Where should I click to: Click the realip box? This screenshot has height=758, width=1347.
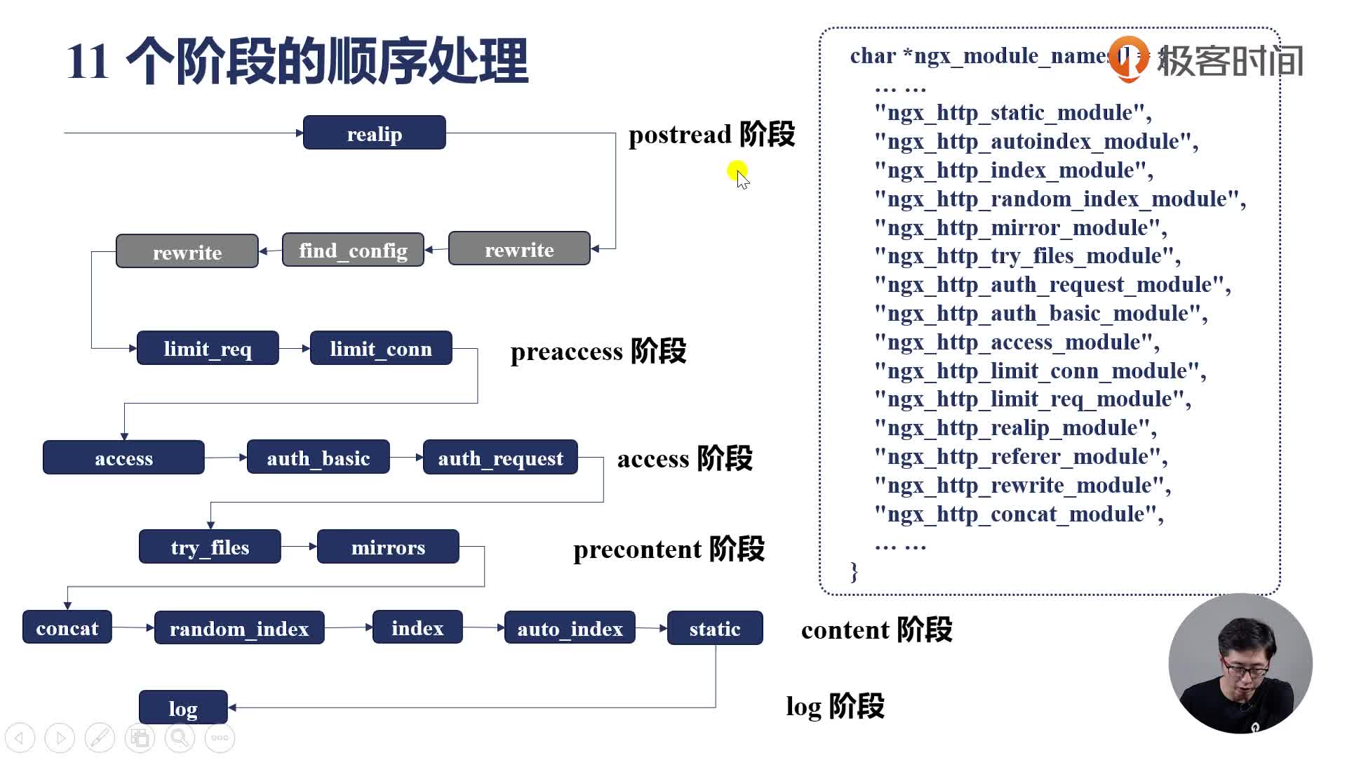(374, 133)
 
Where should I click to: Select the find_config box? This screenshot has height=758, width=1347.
(353, 250)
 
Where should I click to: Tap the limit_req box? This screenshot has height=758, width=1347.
(208, 348)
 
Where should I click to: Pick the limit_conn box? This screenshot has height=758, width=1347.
(381, 348)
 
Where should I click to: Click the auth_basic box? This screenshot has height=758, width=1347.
(318, 458)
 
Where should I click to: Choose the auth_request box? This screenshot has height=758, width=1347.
(500, 458)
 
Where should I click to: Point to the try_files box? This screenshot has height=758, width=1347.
(210, 547)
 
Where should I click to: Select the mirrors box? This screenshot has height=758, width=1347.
(388, 547)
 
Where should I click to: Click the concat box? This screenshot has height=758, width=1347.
(67, 627)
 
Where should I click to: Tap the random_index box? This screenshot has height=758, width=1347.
(239, 628)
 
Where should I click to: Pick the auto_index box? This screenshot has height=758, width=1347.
(570, 628)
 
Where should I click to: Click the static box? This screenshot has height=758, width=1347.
(715, 628)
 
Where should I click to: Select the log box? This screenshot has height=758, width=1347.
(183, 707)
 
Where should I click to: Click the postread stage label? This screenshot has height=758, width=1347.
(711, 134)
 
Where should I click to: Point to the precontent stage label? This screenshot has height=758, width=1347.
(669, 549)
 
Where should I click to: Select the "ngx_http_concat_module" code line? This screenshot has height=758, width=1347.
(1019, 514)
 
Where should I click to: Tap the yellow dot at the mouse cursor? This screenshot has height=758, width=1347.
(737, 170)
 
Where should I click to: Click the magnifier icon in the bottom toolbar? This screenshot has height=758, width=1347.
(180, 738)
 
